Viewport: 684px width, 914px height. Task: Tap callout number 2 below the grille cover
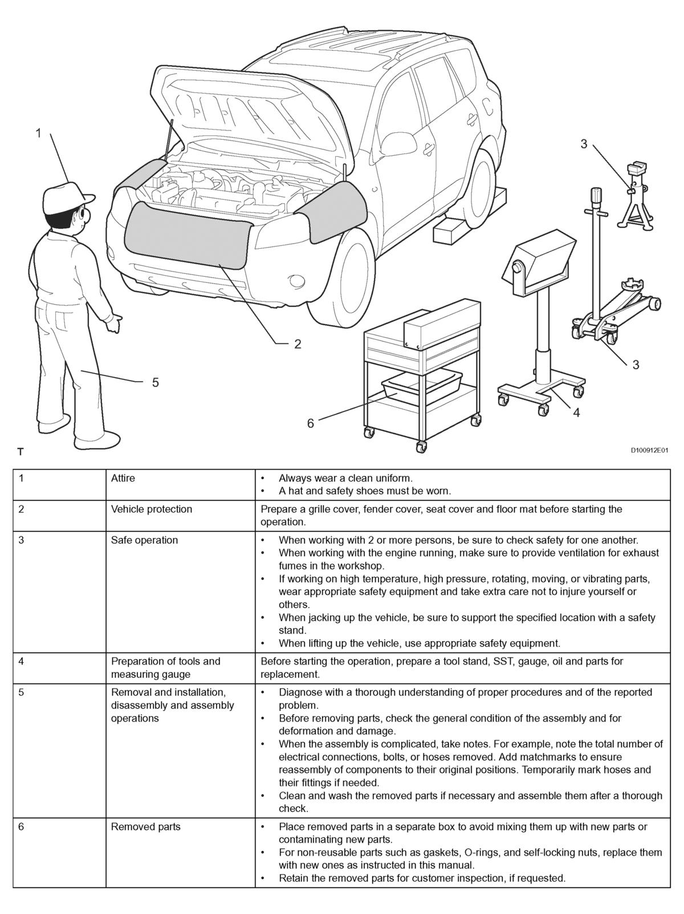pyautogui.click(x=298, y=344)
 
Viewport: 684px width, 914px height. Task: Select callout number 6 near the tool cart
pyautogui.click(x=311, y=423)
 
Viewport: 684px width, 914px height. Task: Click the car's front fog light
pyautogui.click(x=297, y=281)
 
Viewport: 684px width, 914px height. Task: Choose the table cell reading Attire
pyautogui.click(x=123, y=478)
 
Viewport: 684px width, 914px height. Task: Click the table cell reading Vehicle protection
pyautogui.click(x=152, y=509)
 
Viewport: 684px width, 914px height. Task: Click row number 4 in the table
pyautogui.click(x=21, y=661)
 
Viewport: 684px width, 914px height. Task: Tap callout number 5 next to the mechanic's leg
pyautogui.click(x=155, y=382)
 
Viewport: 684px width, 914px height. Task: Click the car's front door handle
pyautogui.click(x=472, y=118)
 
